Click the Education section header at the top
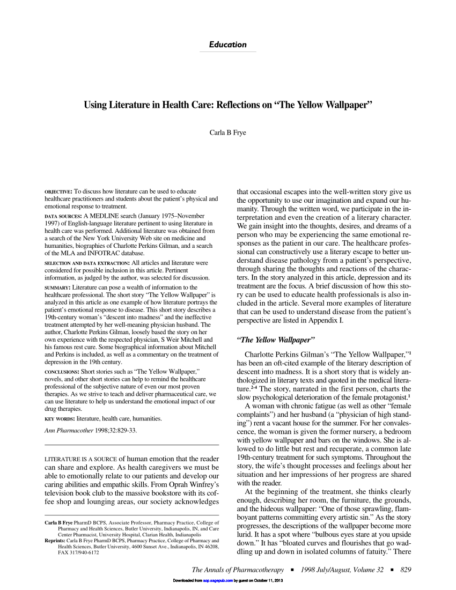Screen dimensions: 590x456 point(228,45)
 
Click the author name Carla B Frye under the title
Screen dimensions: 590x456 point(228,132)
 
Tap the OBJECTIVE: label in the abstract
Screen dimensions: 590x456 point(58,191)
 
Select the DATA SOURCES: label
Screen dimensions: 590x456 point(63,216)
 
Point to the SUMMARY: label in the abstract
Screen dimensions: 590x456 point(57,288)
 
